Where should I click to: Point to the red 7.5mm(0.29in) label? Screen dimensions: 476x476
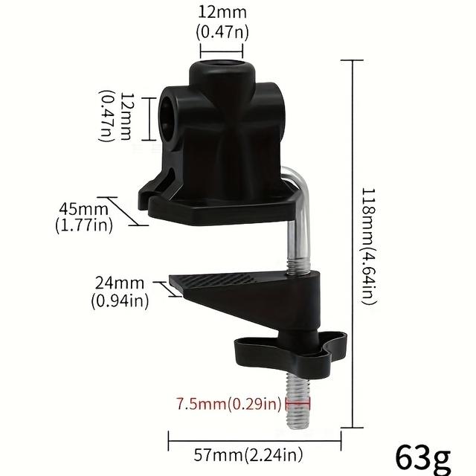click(x=229, y=405)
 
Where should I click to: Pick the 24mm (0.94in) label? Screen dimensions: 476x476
click(x=120, y=292)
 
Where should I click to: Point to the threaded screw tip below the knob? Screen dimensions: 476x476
click(x=297, y=402)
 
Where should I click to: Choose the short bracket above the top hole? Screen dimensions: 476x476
click(x=222, y=50)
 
